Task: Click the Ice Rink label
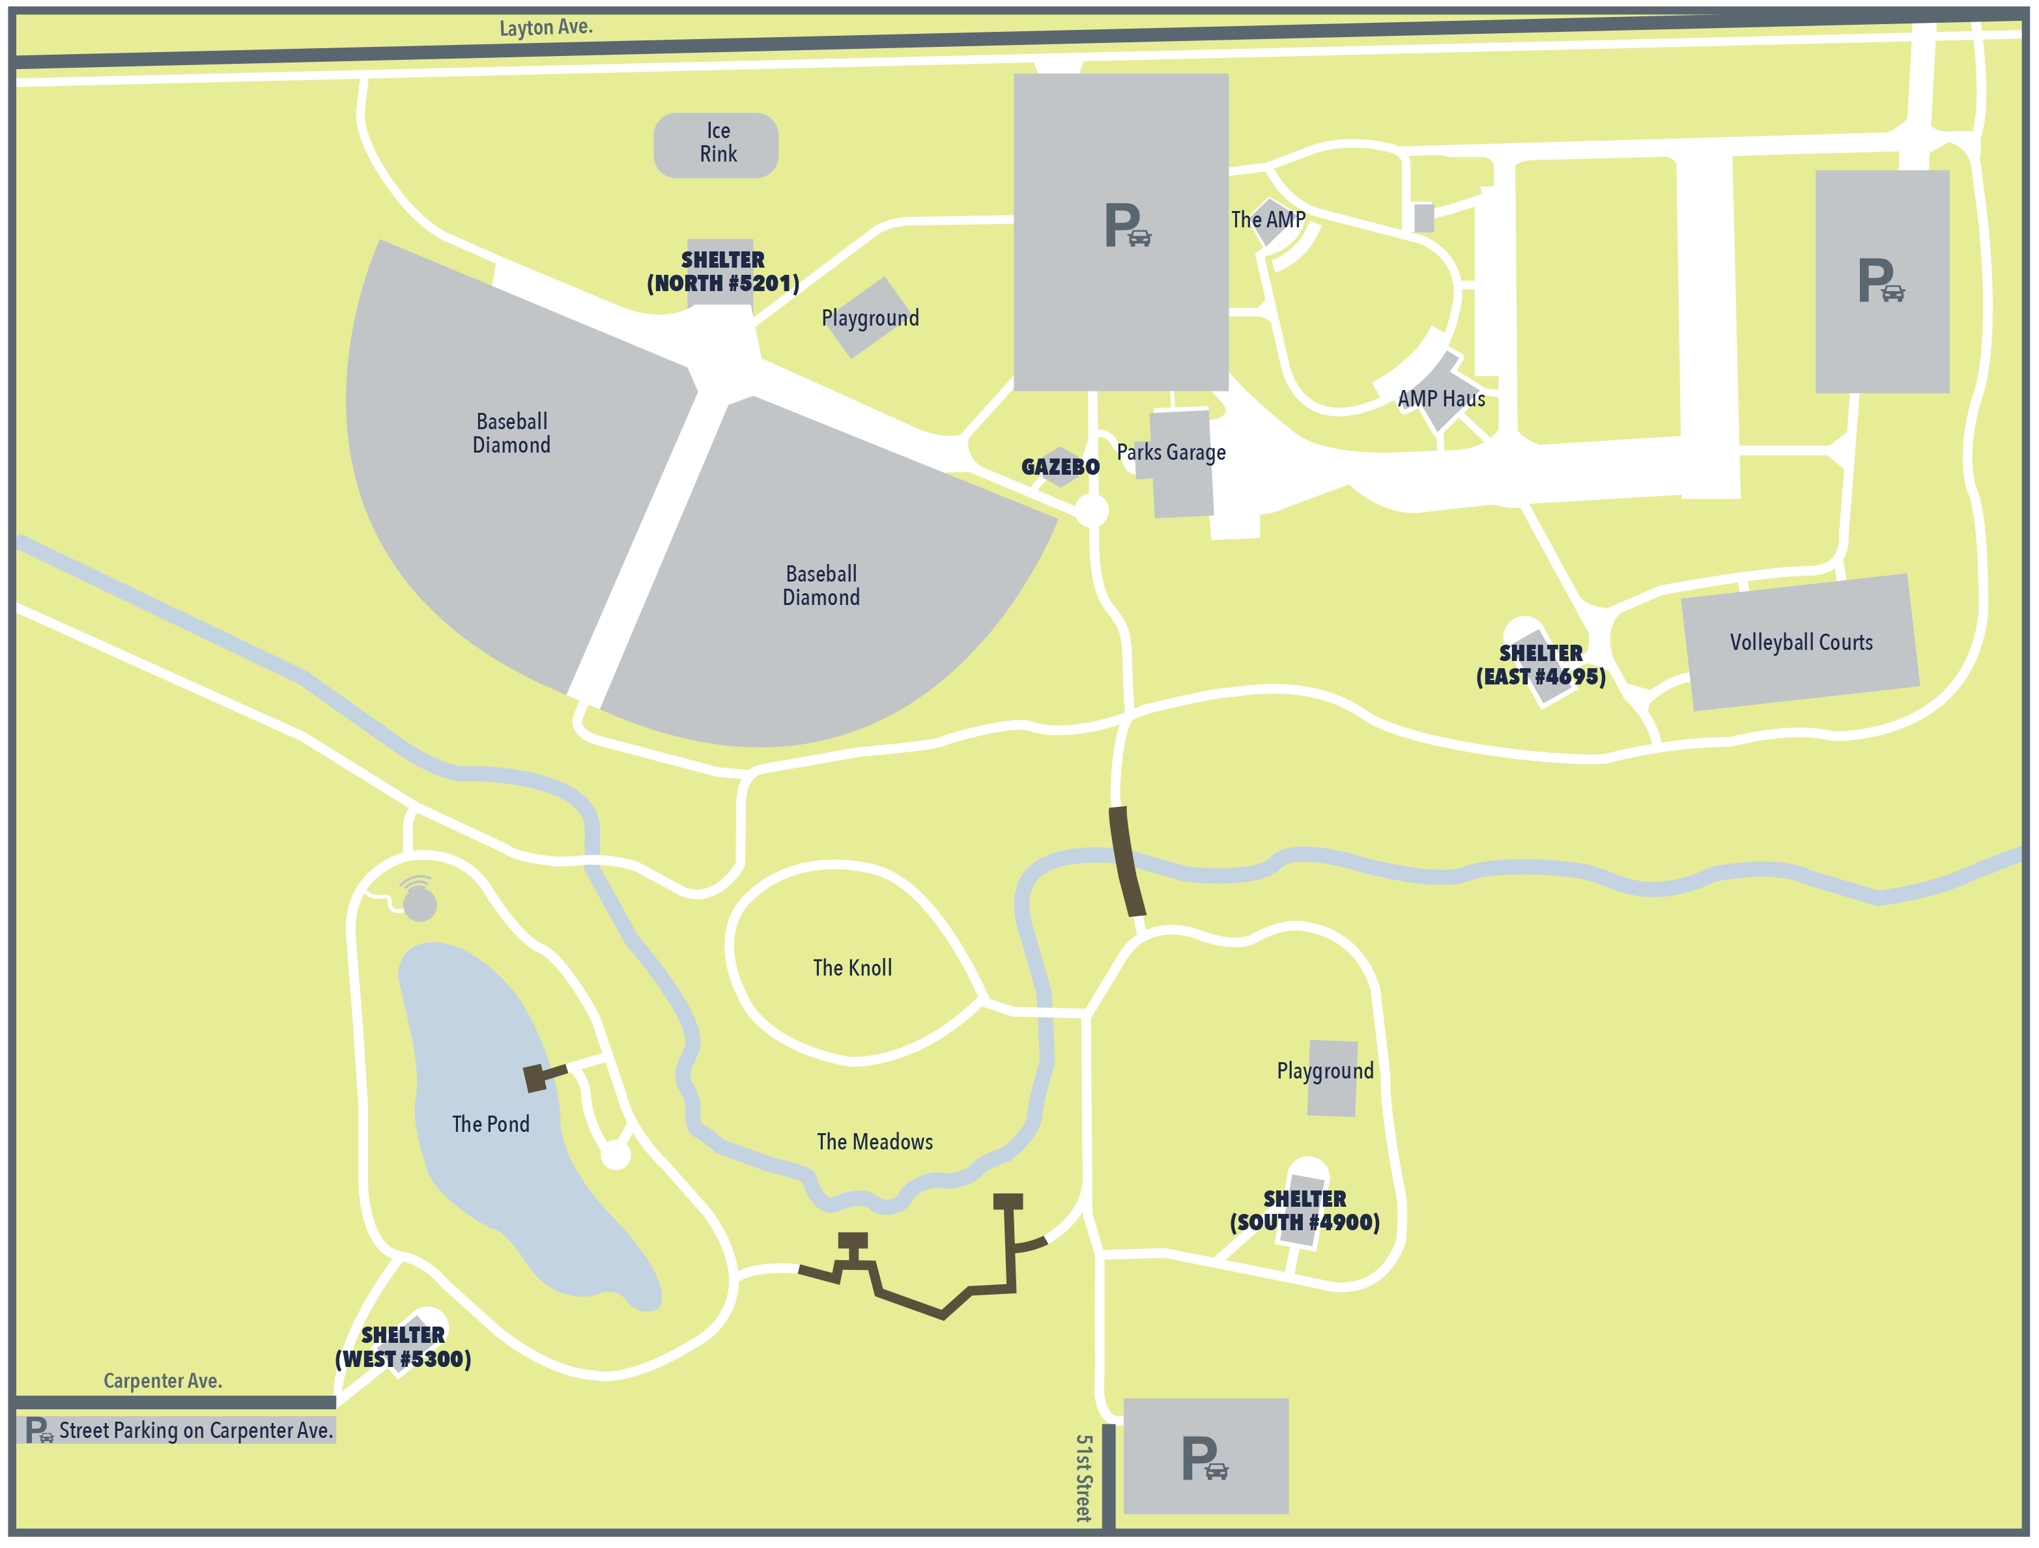pyautogui.click(x=717, y=143)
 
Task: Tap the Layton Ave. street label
pyautogui.click(x=546, y=27)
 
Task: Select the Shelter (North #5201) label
pyautogui.click(x=722, y=272)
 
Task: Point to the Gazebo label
pyautogui.click(x=1060, y=467)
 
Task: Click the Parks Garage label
pyautogui.click(x=1171, y=453)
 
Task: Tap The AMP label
pyautogui.click(x=1268, y=220)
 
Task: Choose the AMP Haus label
pyautogui.click(x=1441, y=399)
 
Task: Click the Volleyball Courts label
pyautogui.click(x=1801, y=642)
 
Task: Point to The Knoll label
pyautogui.click(x=851, y=968)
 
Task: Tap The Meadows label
pyautogui.click(x=874, y=1142)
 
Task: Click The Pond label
pyautogui.click(x=491, y=1124)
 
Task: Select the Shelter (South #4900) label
pyautogui.click(x=1304, y=1211)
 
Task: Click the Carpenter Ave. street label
pyautogui.click(x=162, y=1380)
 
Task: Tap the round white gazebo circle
pyautogui.click(x=1091, y=509)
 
